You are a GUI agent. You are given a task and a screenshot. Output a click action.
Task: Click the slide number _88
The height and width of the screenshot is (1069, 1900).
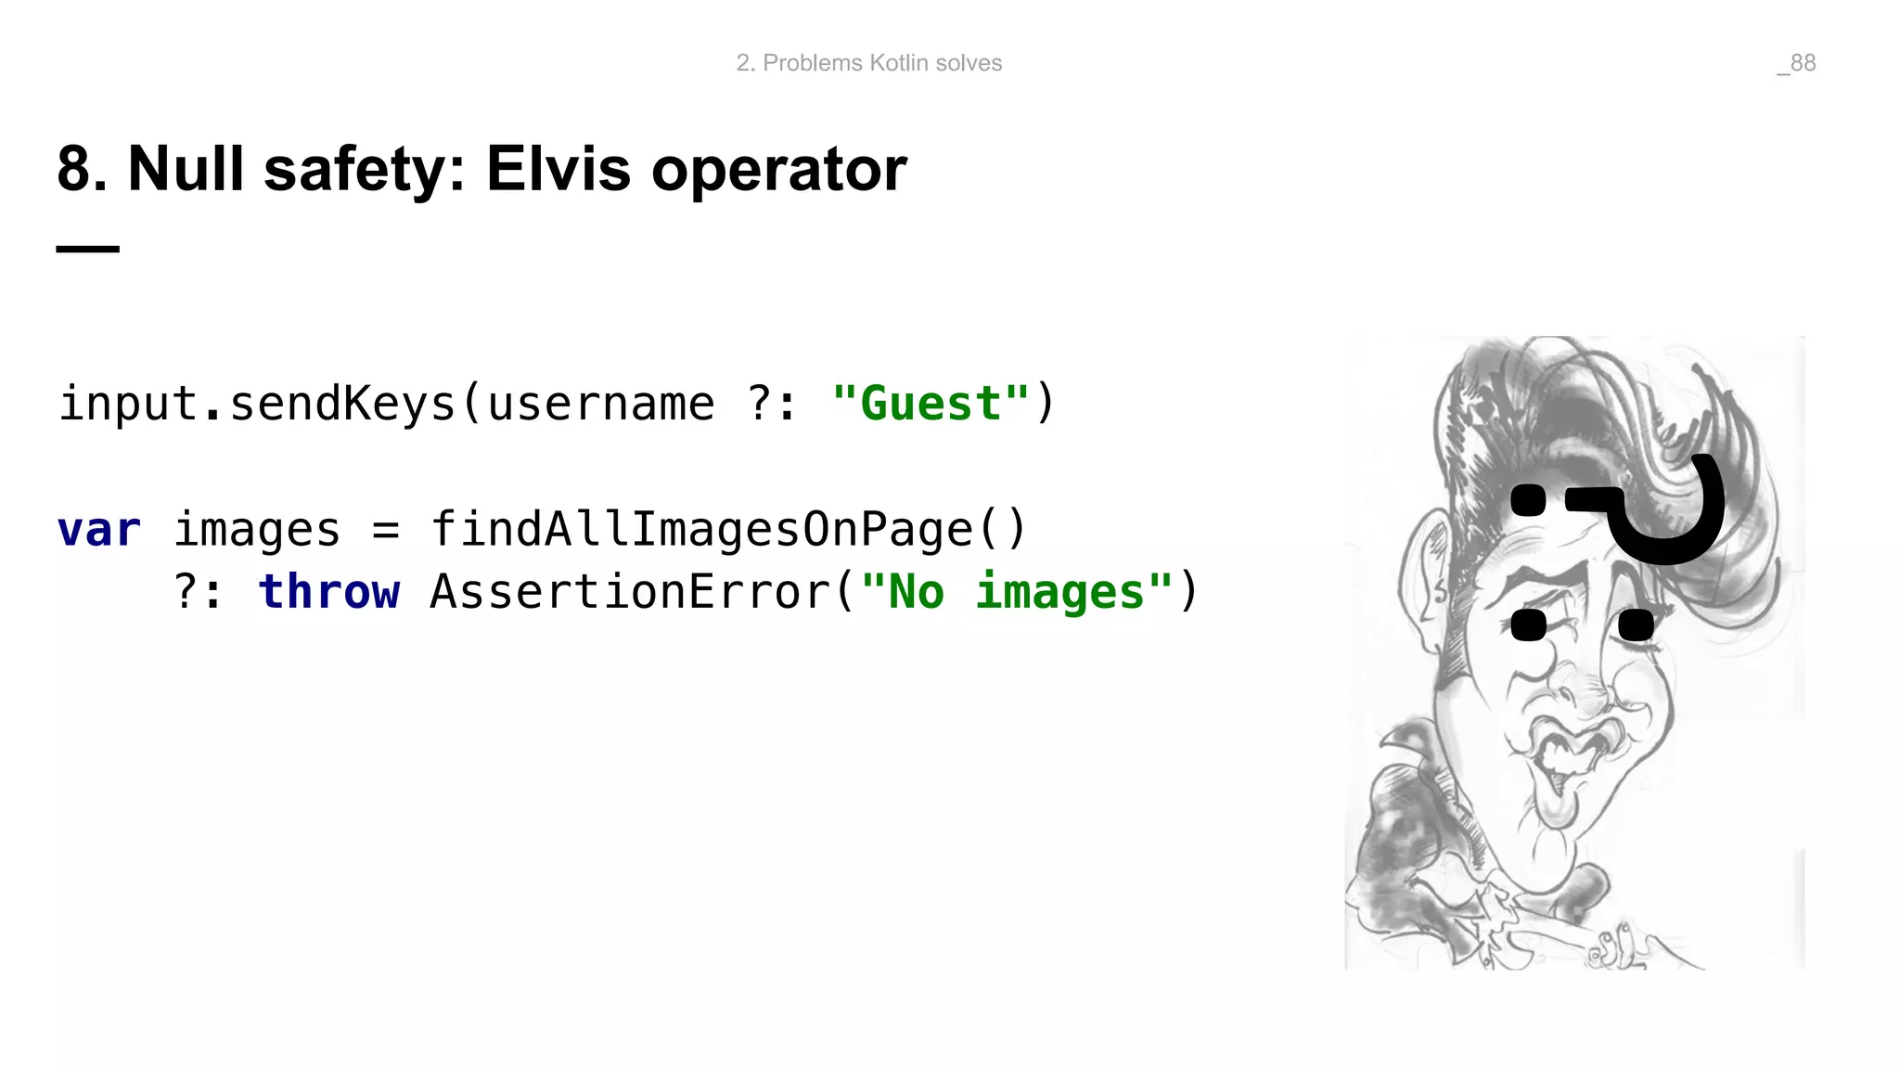1797,63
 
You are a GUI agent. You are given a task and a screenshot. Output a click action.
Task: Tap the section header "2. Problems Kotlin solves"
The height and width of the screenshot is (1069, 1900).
869,63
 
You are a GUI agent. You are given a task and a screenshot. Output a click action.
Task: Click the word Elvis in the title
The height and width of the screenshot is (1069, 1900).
558,169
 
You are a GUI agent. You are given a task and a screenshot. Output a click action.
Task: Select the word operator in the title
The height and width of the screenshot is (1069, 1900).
779,171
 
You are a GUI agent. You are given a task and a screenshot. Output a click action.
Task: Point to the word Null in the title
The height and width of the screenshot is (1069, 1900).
186,169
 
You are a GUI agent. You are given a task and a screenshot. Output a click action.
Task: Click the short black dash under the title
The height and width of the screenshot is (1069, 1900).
88,249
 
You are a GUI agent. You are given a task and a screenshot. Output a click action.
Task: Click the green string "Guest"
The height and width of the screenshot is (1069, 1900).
931,404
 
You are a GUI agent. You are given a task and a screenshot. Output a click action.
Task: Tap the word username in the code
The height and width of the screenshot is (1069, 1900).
601,404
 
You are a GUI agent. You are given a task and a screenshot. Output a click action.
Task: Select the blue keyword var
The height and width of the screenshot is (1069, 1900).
98,530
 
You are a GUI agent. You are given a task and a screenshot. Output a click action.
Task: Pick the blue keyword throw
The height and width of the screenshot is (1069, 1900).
329,592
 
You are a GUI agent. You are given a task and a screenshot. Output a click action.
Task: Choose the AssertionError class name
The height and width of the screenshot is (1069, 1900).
631,592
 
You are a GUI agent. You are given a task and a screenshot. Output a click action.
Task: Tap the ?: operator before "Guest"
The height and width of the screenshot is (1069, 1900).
772,404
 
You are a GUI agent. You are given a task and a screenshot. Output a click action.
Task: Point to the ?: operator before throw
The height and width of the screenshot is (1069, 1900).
199,592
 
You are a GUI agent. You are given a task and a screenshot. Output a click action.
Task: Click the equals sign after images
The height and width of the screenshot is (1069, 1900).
386,531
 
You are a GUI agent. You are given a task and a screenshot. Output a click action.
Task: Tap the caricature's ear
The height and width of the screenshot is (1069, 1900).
1424,575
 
